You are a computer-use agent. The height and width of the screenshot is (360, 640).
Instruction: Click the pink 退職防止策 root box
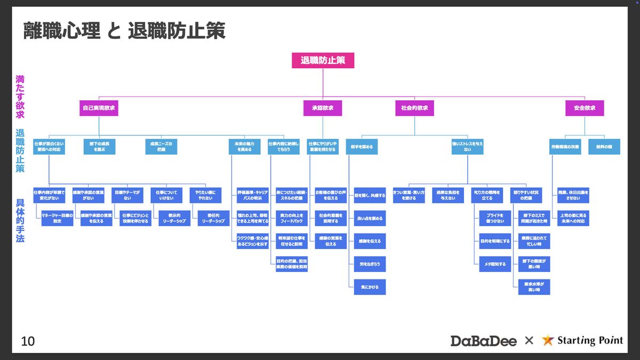pos(323,60)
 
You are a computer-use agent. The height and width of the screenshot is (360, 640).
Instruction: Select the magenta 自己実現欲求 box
pos(99,108)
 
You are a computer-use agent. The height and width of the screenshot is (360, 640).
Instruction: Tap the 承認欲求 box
pos(323,108)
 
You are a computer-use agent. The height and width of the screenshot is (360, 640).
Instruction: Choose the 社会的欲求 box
pos(414,108)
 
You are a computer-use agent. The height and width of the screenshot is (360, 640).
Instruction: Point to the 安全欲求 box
pos(585,108)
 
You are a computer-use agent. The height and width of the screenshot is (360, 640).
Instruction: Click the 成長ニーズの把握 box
pos(161,147)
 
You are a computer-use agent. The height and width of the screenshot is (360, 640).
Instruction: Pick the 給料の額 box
pos(604,147)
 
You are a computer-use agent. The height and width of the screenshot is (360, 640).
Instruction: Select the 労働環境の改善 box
pos(565,147)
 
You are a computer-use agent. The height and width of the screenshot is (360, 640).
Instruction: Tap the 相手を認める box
pos(362,147)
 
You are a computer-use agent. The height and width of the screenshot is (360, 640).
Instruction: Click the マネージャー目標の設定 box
pos(57,218)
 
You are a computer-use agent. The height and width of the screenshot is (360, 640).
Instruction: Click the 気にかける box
pos(370,287)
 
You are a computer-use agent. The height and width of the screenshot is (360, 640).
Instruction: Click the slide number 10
pos(28,341)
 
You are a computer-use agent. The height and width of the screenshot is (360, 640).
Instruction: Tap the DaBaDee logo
pos(483,340)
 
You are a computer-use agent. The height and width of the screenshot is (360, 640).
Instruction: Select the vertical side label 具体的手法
pos(20,221)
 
